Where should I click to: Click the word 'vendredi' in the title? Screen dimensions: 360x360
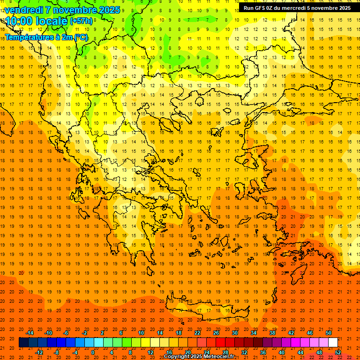24,9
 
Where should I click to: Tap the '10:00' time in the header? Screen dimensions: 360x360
18,21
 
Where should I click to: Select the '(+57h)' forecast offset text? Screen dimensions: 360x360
82,21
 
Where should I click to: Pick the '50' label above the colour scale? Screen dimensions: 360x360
329,333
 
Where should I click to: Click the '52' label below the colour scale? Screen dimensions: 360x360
338,352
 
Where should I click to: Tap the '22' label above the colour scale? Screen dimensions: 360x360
197,333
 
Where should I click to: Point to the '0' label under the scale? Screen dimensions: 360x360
93,352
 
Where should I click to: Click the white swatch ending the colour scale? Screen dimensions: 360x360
333,342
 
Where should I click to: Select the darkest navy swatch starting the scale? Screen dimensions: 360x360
23,342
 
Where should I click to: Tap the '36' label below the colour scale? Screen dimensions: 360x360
263,352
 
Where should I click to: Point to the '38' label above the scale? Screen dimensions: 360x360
272,333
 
